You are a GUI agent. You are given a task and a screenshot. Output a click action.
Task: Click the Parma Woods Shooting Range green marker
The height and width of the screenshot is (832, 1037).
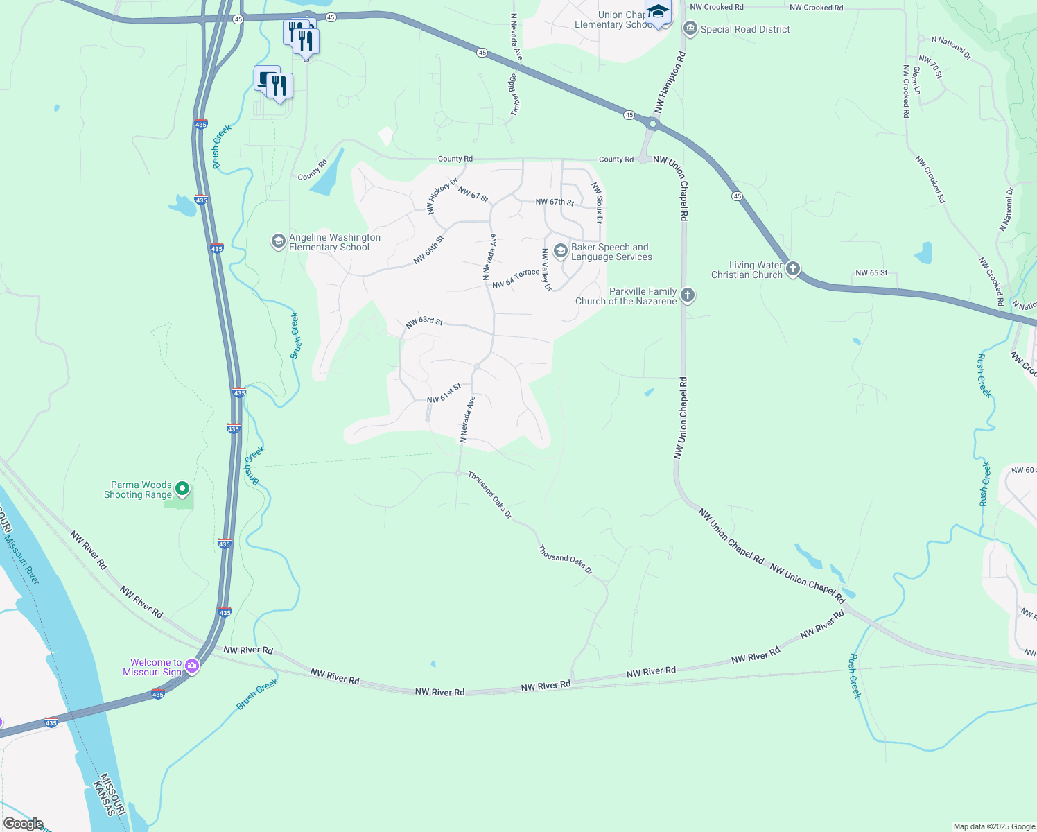click(x=182, y=489)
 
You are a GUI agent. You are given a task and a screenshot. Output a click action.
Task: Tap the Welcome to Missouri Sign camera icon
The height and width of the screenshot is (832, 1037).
click(x=192, y=666)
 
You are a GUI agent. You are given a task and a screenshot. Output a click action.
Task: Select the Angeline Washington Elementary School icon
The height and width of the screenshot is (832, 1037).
click(x=278, y=241)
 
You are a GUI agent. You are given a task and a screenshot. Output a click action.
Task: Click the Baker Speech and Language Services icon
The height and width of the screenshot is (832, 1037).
click(x=561, y=251)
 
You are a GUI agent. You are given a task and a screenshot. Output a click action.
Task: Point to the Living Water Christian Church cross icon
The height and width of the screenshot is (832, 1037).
click(x=793, y=269)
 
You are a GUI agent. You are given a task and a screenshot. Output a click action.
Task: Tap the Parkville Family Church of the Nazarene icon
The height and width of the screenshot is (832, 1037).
click(x=687, y=295)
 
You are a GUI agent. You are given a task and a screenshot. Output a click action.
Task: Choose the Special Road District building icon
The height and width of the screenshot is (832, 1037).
click(x=690, y=29)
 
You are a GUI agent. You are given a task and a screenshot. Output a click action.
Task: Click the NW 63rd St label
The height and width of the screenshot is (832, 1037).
click(x=424, y=322)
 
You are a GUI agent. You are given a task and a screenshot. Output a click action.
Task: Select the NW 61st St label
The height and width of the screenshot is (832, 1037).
click(x=444, y=394)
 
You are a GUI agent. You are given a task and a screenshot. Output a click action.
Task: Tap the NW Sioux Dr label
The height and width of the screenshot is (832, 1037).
click(x=597, y=202)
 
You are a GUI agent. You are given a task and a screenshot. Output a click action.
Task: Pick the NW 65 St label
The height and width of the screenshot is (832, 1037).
click(x=871, y=273)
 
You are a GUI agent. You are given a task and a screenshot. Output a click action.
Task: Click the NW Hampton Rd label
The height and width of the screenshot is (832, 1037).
click(x=670, y=83)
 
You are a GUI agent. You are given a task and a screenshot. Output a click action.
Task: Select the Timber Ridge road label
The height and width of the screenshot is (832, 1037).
click(x=514, y=95)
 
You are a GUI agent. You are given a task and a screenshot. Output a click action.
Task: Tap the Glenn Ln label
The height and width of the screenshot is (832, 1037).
click(x=916, y=80)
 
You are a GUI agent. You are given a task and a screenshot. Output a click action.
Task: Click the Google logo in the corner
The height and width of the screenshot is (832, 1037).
click(x=24, y=824)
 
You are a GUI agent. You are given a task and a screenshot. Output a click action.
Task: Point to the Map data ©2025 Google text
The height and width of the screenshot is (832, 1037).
click(x=994, y=826)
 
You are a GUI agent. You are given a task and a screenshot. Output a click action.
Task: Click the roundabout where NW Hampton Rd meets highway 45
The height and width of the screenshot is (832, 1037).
click(x=653, y=125)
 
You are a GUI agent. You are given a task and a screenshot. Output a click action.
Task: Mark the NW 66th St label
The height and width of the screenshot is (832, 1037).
click(x=428, y=250)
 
